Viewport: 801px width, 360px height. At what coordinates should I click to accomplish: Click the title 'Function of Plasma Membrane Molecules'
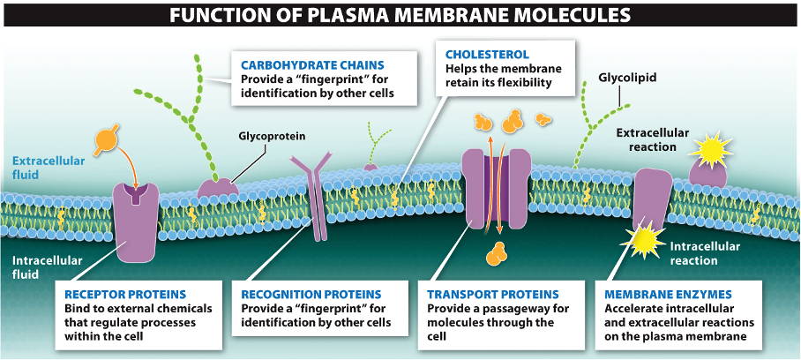pos(400,15)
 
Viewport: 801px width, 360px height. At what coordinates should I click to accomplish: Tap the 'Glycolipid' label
pos(627,78)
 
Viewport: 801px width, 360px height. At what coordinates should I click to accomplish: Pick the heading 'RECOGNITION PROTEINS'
pos(311,294)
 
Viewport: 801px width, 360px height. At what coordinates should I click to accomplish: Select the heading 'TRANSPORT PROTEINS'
pos(492,294)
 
